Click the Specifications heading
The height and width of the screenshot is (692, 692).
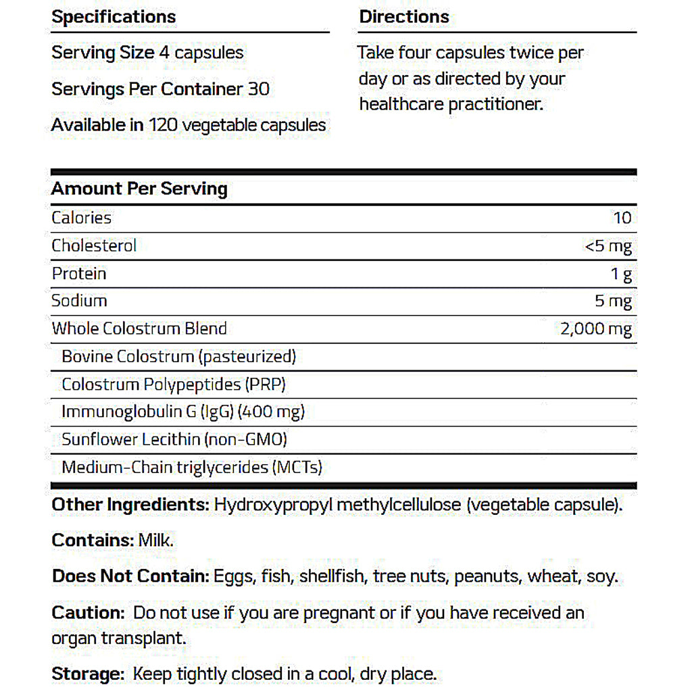click(114, 17)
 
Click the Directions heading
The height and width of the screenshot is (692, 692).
click(404, 17)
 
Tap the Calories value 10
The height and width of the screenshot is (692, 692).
click(622, 218)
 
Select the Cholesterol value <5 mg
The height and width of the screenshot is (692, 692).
click(608, 246)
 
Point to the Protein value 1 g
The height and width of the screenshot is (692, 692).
click(621, 274)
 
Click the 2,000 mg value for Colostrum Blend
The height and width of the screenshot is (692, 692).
click(596, 329)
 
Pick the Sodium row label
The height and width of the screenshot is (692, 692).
click(79, 301)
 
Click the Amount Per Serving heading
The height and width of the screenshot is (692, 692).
click(139, 189)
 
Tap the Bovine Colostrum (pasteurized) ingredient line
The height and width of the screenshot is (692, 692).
click(179, 356)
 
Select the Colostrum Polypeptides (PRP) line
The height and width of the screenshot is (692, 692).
click(174, 385)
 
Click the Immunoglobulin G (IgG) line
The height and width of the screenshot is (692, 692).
click(183, 412)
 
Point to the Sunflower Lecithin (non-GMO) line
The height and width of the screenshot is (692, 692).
click(174, 439)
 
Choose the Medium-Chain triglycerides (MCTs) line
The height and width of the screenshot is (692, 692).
click(192, 467)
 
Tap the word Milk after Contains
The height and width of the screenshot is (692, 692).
click(156, 541)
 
